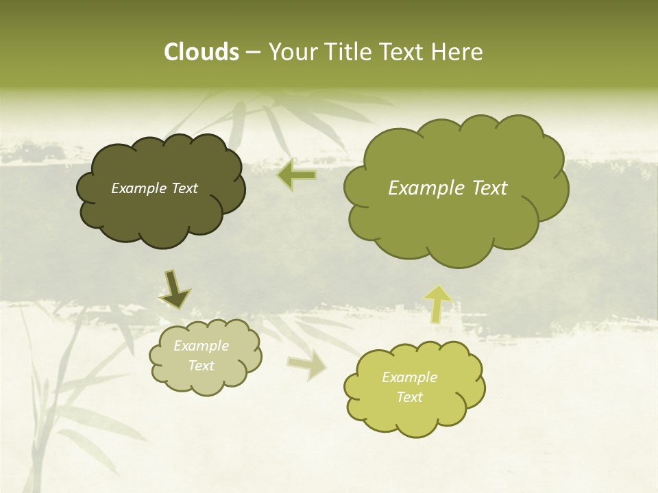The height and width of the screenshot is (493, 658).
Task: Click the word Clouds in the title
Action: (x=201, y=52)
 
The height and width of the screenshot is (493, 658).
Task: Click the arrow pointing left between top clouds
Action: (x=297, y=176)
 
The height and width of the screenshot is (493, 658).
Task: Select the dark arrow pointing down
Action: (x=175, y=290)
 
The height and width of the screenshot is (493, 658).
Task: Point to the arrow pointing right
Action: (x=307, y=366)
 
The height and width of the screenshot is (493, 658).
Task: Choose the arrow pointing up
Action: (x=438, y=303)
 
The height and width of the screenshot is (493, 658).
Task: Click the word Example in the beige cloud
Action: (x=201, y=346)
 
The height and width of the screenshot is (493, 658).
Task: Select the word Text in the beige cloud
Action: (x=201, y=366)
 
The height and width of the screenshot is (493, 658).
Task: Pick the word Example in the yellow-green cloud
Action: (x=409, y=377)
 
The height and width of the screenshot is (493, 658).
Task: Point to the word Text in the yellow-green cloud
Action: (x=409, y=397)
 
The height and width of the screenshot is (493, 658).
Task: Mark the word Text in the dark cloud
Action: (x=184, y=188)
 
